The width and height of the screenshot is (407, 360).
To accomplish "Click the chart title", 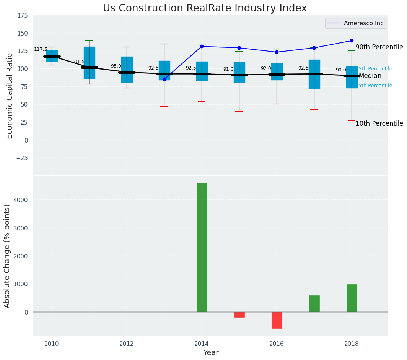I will click(205, 8).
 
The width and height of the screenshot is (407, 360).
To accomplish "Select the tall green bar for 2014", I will click(202, 247).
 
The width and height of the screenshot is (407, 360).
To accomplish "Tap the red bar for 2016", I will click(277, 320).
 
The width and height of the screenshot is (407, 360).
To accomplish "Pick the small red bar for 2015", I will click(239, 315).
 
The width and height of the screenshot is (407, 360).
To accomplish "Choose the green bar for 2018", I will click(352, 298).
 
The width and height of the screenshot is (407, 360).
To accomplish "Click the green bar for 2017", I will click(314, 303).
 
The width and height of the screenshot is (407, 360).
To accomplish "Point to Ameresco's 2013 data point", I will click(164, 79).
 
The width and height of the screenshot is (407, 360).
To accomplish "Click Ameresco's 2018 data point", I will click(352, 41).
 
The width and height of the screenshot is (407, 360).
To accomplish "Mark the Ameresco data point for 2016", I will click(277, 52).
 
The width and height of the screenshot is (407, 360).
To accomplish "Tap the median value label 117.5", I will click(41, 49).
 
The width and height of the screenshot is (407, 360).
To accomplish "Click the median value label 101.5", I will click(78, 62).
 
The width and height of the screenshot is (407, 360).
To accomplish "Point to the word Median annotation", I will click(370, 76).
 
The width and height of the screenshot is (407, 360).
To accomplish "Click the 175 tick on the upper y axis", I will click(22, 15).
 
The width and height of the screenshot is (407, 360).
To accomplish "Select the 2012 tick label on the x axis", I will click(127, 344).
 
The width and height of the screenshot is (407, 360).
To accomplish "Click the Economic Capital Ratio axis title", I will click(10, 96).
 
